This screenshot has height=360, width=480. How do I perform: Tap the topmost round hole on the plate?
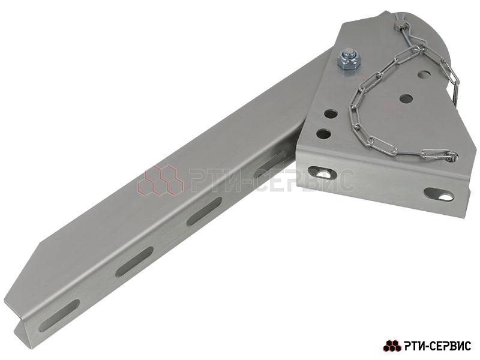click(424, 74)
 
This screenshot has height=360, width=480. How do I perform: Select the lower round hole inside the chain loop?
click(406, 98)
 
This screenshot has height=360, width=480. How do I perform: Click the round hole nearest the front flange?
click(324, 134)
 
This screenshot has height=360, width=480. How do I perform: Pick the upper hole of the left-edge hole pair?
click(331, 114)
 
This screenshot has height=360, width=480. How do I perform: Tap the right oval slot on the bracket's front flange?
click(439, 194)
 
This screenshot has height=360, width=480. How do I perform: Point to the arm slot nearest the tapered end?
click(59, 316)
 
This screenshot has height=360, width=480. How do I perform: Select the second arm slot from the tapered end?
click(134, 262)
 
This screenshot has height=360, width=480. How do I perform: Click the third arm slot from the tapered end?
click(204, 212)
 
